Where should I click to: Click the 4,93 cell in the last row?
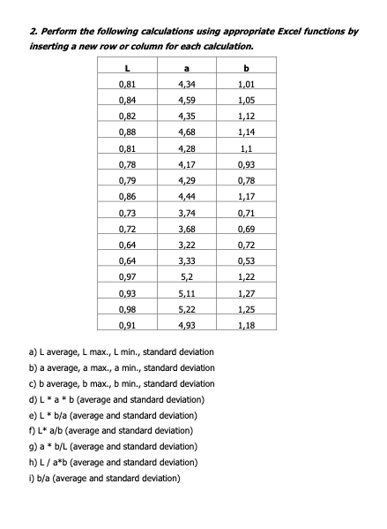(x=187, y=324)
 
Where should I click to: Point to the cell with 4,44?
(x=187, y=196)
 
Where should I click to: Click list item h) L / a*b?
(x=114, y=462)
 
